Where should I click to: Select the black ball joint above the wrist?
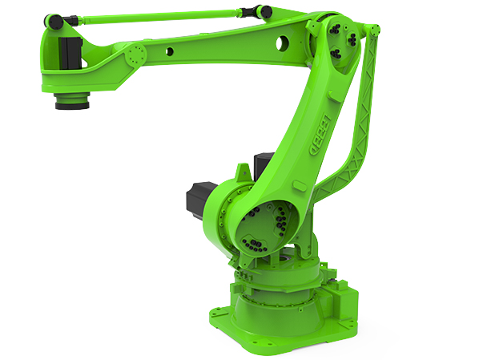click(54, 20)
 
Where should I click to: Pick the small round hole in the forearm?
click(170, 51)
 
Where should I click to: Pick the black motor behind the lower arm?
click(264, 164)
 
